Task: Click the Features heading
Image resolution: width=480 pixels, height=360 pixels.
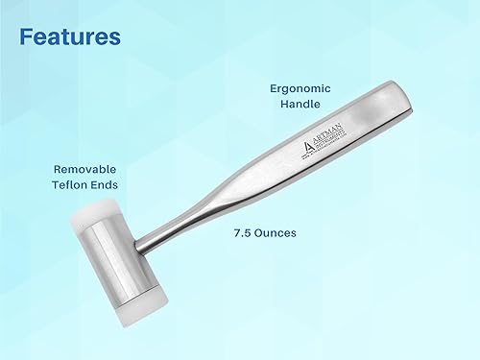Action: click(x=70, y=37)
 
